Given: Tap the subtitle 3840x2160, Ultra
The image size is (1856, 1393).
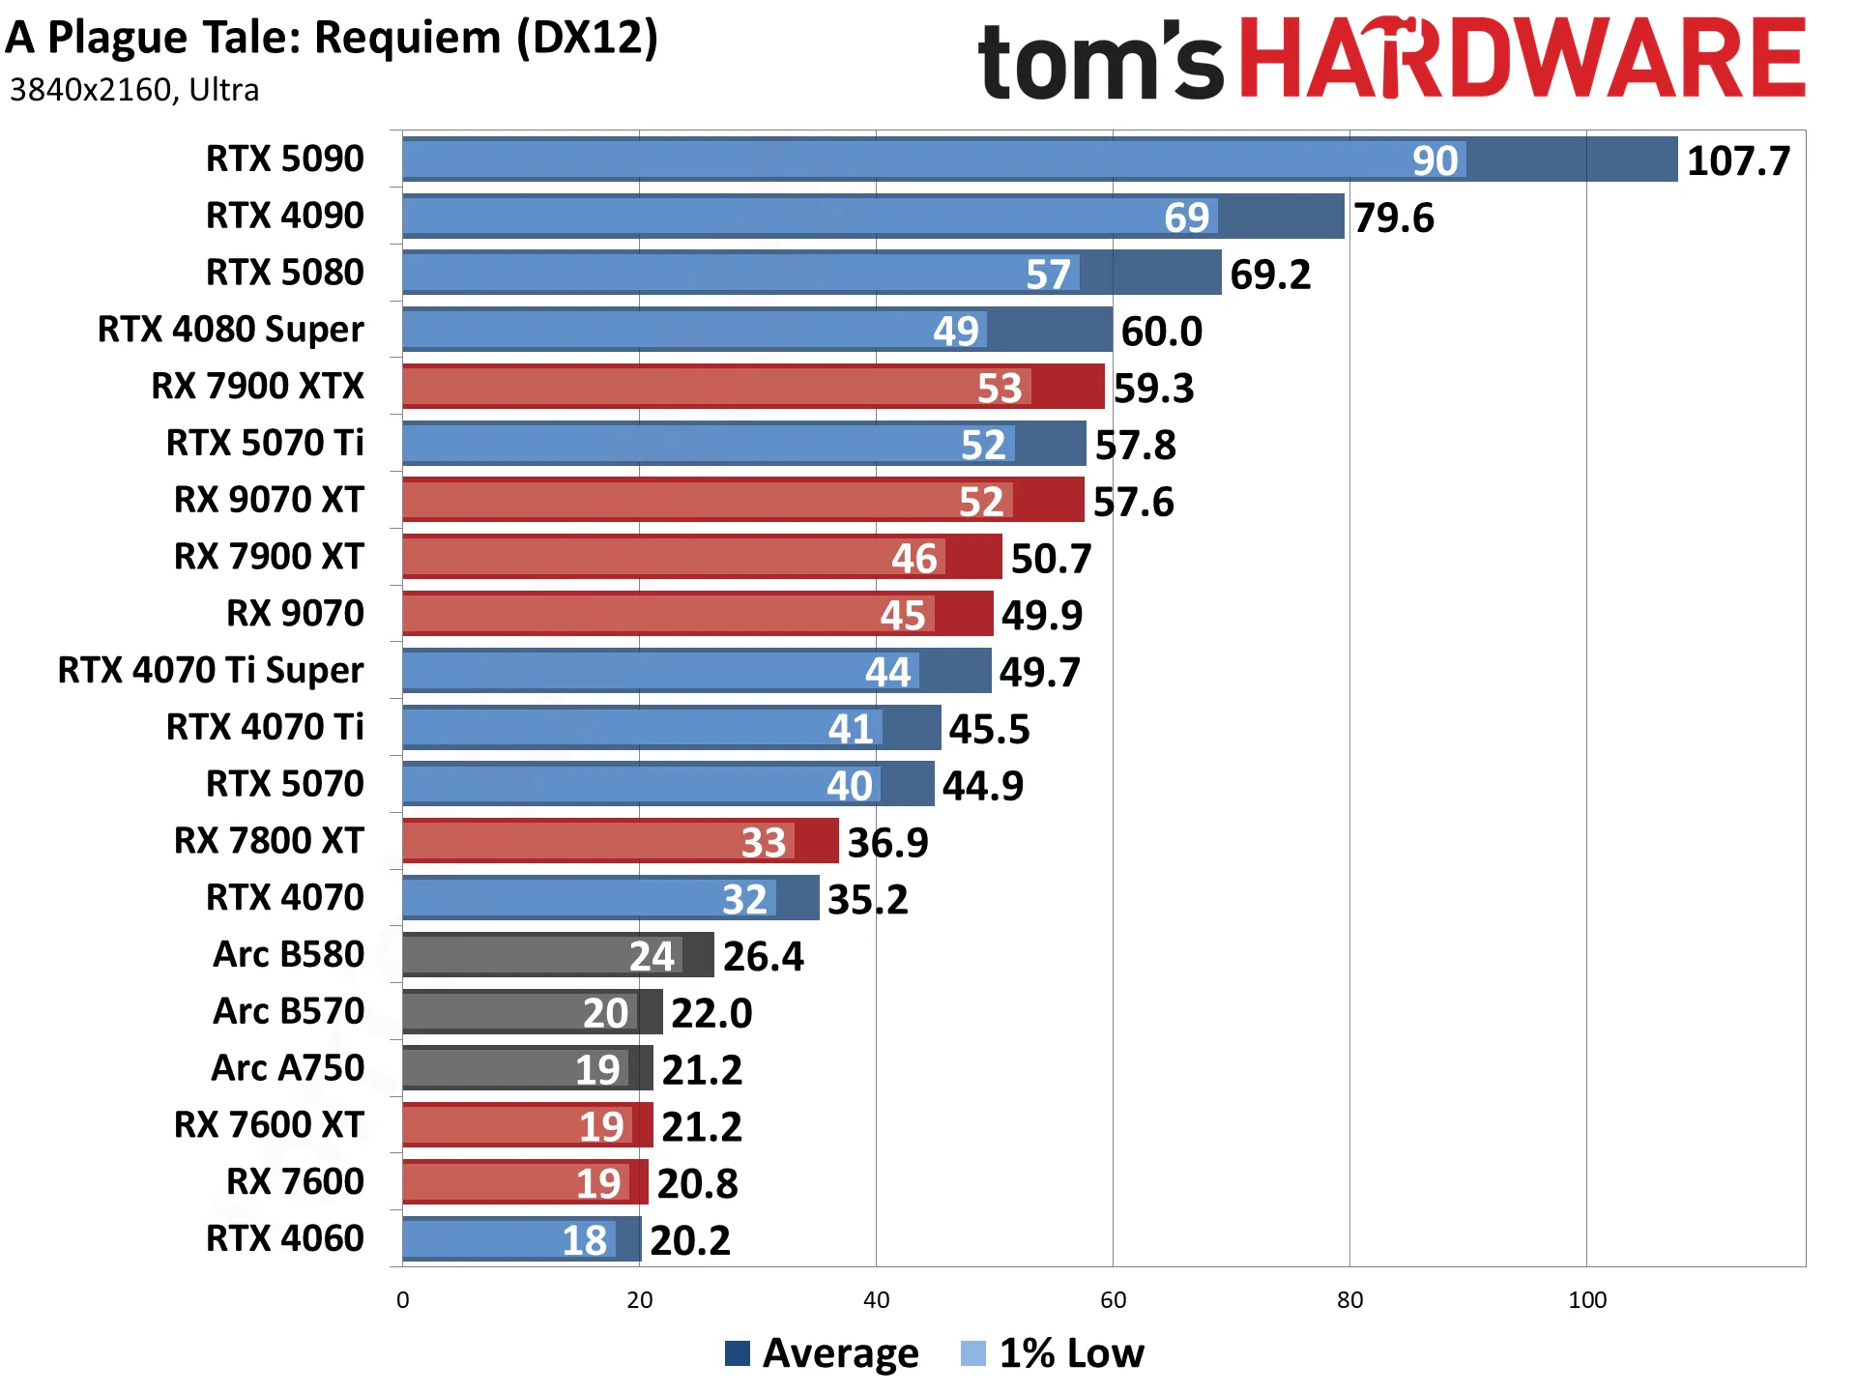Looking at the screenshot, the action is (134, 90).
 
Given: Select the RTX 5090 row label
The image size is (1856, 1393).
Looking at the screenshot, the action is (285, 159).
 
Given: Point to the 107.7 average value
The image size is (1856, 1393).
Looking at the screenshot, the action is (1738, 160).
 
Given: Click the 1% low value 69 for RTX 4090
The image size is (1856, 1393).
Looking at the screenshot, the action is (1186, 218).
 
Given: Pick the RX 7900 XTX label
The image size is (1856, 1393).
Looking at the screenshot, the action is (257, 386).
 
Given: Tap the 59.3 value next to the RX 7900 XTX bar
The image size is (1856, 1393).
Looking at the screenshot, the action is (1153, 389).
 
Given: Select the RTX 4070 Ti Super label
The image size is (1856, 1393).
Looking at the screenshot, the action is (211, 670).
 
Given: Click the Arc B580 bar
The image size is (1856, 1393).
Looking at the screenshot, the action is (559, 955).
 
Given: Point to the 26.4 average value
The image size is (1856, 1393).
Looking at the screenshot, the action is (763, 957).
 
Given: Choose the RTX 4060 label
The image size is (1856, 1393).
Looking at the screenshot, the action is (285, 1238).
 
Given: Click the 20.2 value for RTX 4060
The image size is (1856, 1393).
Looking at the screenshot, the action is (690, 1241).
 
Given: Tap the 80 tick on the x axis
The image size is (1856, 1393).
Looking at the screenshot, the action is (1349, 1300).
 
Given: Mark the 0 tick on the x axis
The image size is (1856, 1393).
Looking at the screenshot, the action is (403, 1300).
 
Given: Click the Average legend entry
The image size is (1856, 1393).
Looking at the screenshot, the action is (822, 1353).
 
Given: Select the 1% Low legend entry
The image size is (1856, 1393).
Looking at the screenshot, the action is (1053, 1353).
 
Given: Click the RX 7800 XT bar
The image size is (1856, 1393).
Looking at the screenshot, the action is (621, 841).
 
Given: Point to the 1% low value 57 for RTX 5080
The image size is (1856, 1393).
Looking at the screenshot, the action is (1048, 275).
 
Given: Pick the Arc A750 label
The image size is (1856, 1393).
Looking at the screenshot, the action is (288, 1068).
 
